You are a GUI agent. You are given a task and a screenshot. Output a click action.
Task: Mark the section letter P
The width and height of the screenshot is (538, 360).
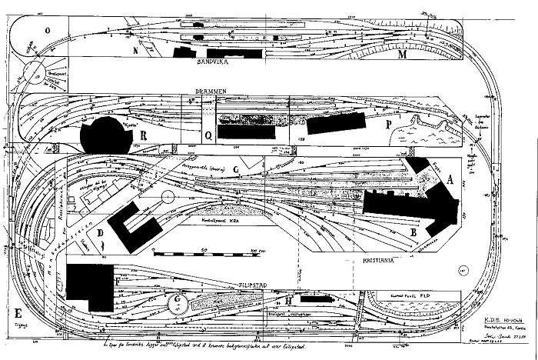(x=389, y=125)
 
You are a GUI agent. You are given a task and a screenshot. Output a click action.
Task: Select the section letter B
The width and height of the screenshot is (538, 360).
(x=413, y=229)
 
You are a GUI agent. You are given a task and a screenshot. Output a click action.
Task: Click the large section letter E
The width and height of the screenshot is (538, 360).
(x=16, y=313)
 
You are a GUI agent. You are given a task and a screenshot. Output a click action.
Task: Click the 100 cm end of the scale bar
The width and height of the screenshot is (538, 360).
(x=254, y=252)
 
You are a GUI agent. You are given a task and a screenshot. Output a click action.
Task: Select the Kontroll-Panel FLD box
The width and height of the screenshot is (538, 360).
(x=411, y=295)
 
